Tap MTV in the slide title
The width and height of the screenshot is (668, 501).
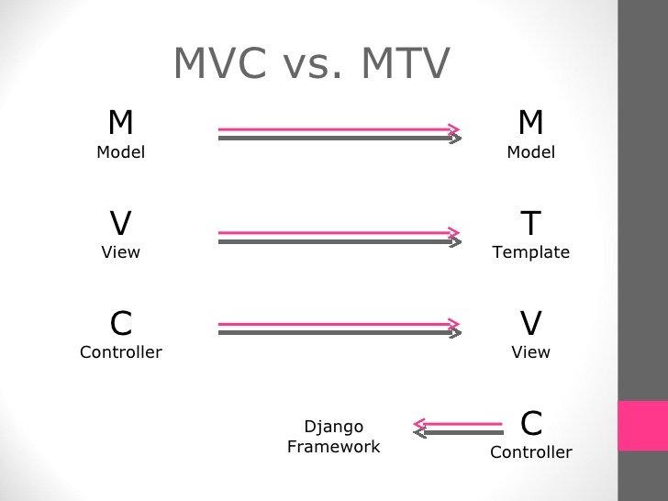tap(406, 62)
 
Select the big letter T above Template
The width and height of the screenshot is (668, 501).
tap(530, 223)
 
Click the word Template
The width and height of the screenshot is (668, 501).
tap(530, 252)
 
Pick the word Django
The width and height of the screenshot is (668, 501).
tap(334, 427)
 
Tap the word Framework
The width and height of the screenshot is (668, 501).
tap(334, 447)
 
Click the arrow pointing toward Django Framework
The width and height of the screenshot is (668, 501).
tap(458, 427)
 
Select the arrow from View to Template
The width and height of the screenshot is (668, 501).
tap(339, 238)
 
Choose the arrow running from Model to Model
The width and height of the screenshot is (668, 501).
tap(339, 134)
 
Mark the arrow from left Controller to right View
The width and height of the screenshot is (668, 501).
tap(339, 328)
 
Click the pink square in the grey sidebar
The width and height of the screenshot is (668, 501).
tap(642, 426)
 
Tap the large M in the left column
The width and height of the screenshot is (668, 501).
tap(121, 122)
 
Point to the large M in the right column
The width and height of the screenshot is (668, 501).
tap(530, 122)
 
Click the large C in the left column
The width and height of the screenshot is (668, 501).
tap(121, 323)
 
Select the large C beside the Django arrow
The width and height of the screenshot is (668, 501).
tap(531, 423)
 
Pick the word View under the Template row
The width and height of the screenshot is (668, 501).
tap(530, 352)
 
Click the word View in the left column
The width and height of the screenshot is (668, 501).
tap(121, 252)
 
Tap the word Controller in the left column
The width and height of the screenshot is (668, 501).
tap(121, 352)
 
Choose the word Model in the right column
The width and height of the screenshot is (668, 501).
tap(530, 152)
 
